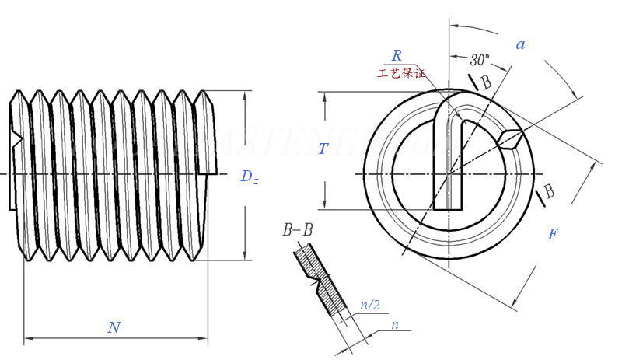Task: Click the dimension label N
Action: (114, 327)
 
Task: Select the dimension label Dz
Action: (249, 177)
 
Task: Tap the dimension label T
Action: (324, 149)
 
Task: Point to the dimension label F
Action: (553, 234)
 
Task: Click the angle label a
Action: (520, 44)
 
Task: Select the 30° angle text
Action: (480, 59)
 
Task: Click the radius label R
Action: (397, 55)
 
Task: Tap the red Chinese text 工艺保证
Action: (401, 74)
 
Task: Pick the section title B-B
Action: (298, 230)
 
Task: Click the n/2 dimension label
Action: (369, 305)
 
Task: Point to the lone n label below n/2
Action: (394, 325)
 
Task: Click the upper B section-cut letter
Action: (486, 82)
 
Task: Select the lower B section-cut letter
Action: (549, 190)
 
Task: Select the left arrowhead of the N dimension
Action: (29, 339)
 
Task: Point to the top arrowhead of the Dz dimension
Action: (246, 96)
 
